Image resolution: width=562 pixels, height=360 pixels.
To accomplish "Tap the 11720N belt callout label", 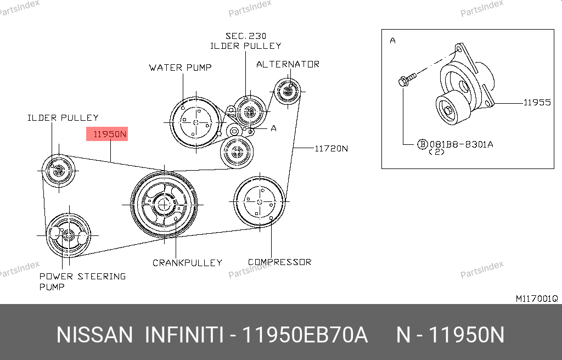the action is pos(331,149).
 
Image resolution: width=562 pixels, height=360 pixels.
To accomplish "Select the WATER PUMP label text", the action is pos(180,67).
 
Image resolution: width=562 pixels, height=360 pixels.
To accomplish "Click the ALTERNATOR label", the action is pos(288,64).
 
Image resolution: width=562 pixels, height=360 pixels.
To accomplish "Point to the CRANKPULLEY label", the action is pos(187,263).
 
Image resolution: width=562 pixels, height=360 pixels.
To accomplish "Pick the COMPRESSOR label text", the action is pos(279,262).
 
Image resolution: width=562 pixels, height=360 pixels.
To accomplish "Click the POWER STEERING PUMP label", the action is pos(82,282).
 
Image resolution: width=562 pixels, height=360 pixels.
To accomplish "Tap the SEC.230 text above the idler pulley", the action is pos(246,36).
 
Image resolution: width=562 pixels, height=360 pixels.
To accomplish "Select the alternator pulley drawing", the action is pos(288,91).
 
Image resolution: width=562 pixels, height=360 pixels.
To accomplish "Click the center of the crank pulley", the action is pos(164,205).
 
